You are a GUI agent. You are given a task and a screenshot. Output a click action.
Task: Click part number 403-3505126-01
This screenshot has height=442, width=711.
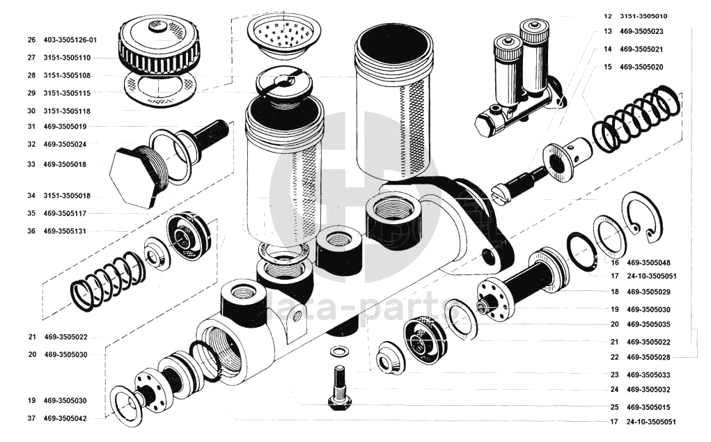tap(72, 40)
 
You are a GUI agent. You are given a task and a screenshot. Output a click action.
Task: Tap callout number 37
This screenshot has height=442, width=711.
tap(32, 419)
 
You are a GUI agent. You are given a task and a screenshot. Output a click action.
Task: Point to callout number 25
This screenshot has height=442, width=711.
tap(614, 407)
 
